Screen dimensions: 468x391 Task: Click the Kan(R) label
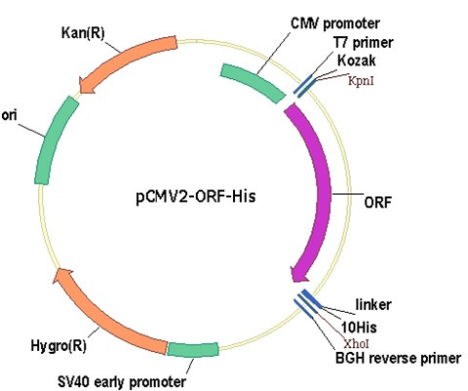[83, 33]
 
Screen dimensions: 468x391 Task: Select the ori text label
[9, 115]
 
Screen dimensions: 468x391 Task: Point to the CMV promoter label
[335, 23]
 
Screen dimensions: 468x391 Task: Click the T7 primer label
[363, 43]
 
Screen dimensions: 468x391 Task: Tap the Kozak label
[356, 60]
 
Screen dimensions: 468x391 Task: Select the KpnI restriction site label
[361, 80]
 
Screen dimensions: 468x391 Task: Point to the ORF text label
[377, 203]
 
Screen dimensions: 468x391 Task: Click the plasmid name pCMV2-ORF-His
[196, 197]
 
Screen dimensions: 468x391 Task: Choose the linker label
[373, 305]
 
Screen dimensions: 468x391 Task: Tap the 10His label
[359, 328]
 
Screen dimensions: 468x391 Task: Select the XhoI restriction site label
[356, 343]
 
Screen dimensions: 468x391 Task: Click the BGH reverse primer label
[398, 358]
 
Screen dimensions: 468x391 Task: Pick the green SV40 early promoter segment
[193, 349]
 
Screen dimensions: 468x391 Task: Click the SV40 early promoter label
[122, 381]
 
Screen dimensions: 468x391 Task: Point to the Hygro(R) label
[58, 346]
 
